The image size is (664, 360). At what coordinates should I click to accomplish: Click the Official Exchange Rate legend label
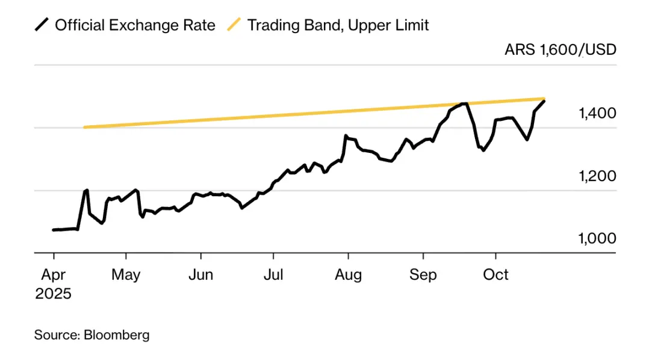coord(135,25)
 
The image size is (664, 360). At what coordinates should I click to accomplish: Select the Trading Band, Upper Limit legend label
coord(338,25)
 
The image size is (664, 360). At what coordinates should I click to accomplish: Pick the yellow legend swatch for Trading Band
coord(234,25)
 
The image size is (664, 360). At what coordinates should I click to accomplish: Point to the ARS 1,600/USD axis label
coord(560,49)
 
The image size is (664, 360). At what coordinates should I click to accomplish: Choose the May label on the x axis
coord(126,275)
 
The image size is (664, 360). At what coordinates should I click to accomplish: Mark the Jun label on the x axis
coord(200,275)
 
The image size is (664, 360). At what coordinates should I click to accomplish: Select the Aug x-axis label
coord(349,275)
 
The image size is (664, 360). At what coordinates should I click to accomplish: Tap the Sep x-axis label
coord(423,275)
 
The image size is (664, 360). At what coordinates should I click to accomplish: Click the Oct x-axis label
coord(497,275)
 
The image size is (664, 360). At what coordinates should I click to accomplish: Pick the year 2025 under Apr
coord(53,294)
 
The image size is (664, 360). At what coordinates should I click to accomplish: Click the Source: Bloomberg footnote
coord(92,335)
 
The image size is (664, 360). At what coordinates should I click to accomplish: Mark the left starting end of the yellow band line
coord(85,127)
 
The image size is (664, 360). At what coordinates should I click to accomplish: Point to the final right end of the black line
coord(544,101)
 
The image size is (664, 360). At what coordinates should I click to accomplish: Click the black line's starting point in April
coord(54,230)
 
